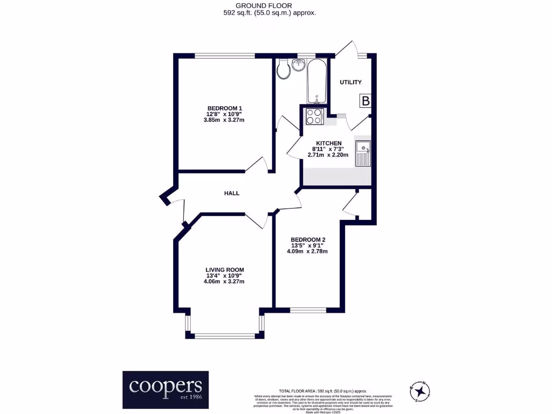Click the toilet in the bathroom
tap(282, 70)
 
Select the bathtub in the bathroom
tap(316, 81)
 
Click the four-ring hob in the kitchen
tap(313, 116)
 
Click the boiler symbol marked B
tap(365, 101)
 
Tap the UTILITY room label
tap(350, 82)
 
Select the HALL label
tap(232, 193)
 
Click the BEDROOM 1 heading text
tap(224, 108)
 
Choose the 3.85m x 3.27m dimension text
tap(224, 120)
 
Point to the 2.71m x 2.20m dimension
tap(328, 155)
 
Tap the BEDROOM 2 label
tap(308, 240)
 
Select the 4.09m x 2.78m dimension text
tap(308, 251)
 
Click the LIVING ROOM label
tap(224, 270)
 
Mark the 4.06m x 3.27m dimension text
tap(224, 281)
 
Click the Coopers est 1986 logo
tap(165, 389)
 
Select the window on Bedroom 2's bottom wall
tap(308, 310)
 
